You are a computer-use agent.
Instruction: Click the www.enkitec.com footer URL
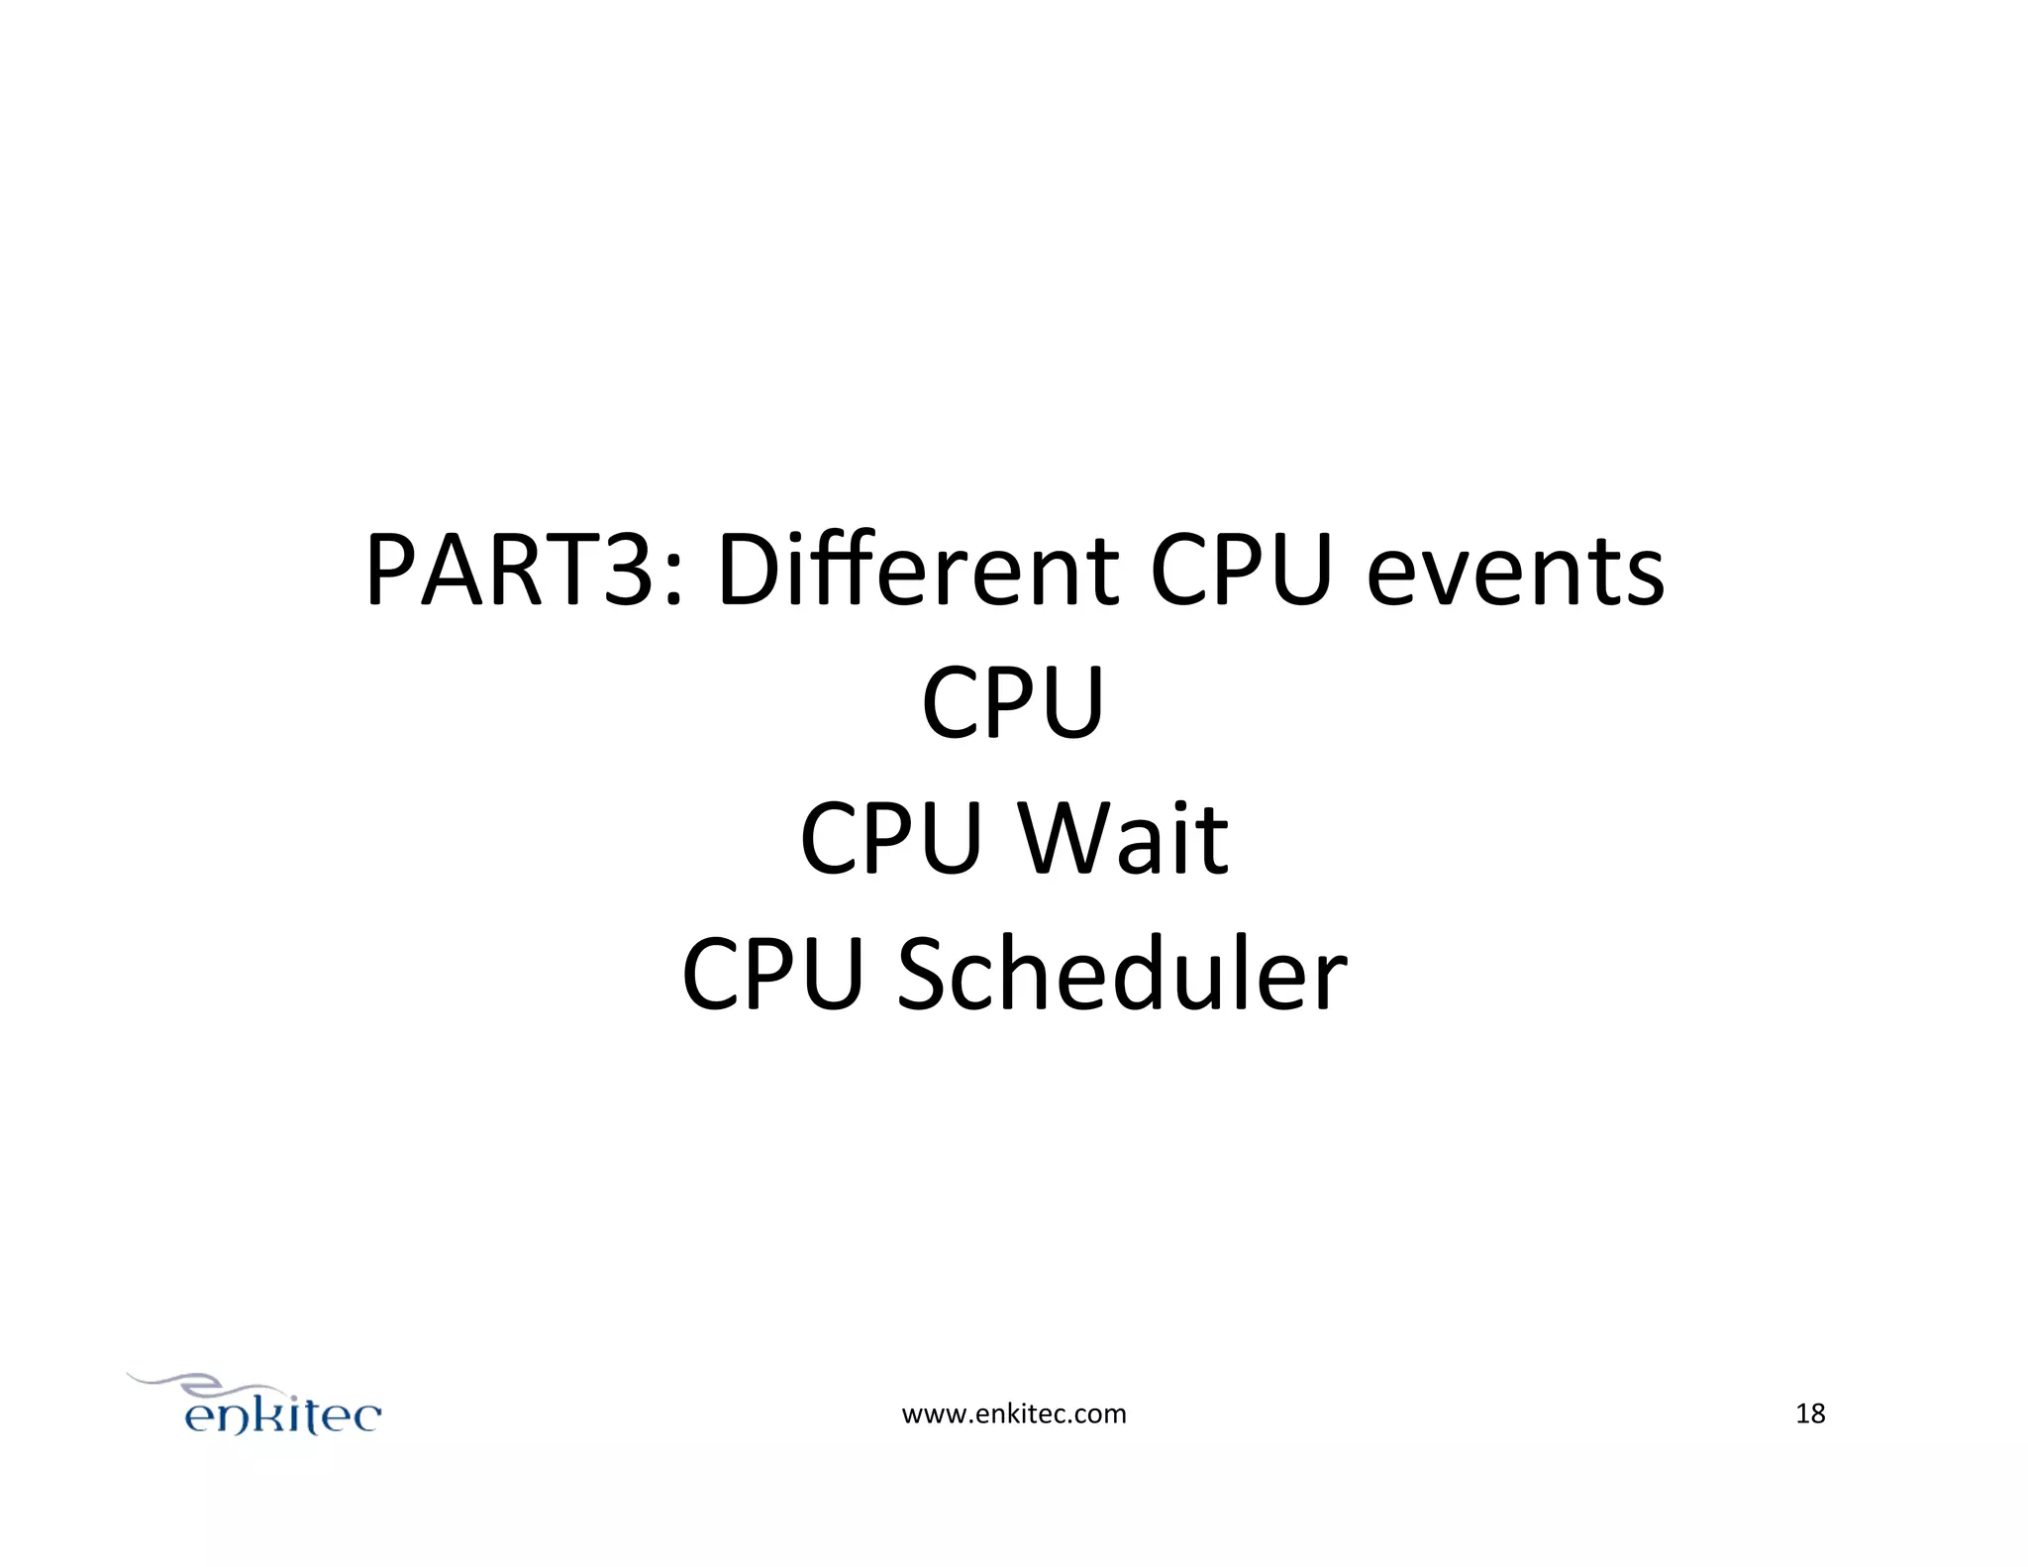[1013, 1414]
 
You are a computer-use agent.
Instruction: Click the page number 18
[1810, 1414]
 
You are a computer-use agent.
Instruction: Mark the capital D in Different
[750, 572]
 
